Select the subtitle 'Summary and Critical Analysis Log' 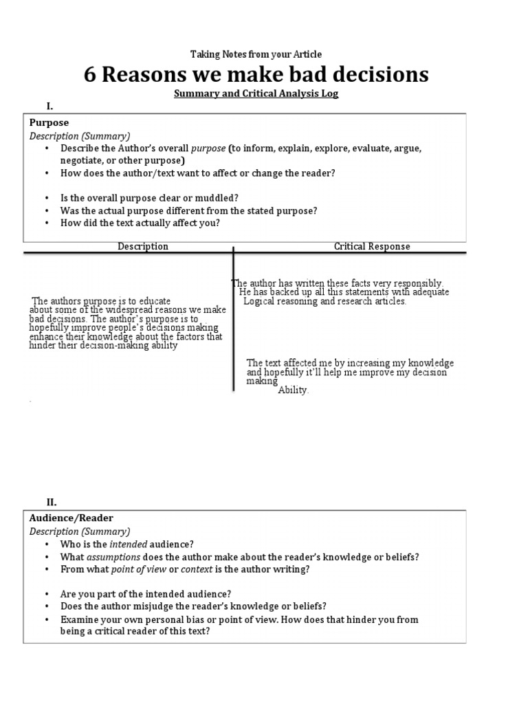tap(256, 93)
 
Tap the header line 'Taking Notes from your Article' tap(256, 54)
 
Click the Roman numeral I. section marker tap(49, 106)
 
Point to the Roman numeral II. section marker tap(52, 503)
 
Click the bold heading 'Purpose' tap(49, 122)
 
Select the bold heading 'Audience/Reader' tap(71, 518)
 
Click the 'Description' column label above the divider tap(142, 246)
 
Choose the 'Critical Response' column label tap(372, 246)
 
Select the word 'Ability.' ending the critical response tap(294, 390)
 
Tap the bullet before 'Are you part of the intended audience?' tap(46, 593)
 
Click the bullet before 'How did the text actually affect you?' tap(46, 223)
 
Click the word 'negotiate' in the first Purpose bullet tap(82, 159)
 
